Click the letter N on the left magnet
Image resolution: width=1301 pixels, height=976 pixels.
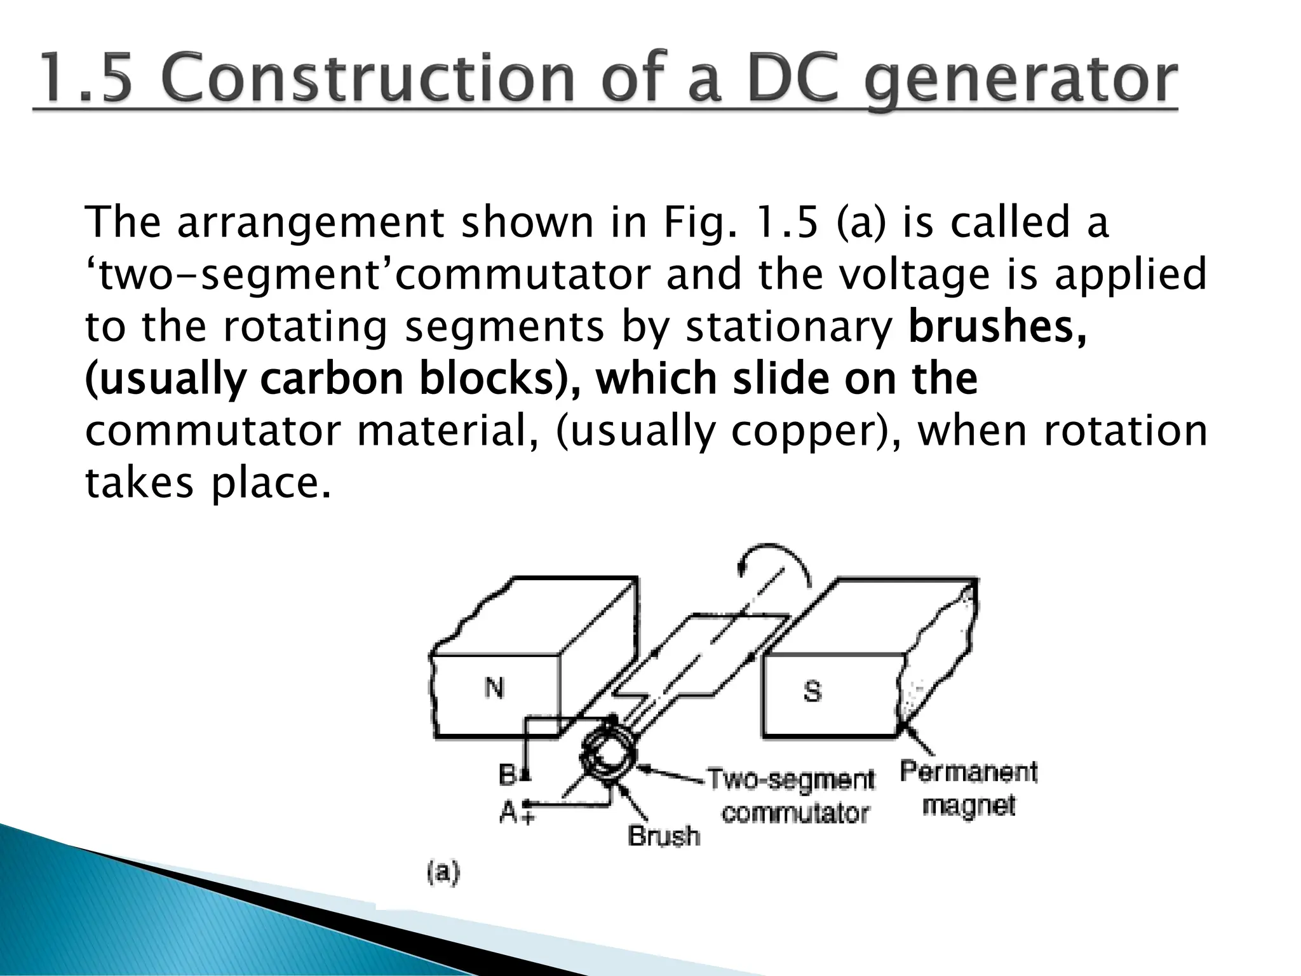[x=494, y=688]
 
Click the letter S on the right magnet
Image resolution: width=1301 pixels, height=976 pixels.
[x=812, y=691]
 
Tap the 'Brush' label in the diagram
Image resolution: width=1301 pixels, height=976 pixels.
[x=664, y=836]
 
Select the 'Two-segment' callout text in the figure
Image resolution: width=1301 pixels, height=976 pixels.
[x=791, y=779]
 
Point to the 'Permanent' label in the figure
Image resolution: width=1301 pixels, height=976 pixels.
[x=969, y=772]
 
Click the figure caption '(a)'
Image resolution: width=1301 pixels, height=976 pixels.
[x=443, y=872]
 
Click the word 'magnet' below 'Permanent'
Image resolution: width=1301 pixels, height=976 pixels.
[x=969, y=806]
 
